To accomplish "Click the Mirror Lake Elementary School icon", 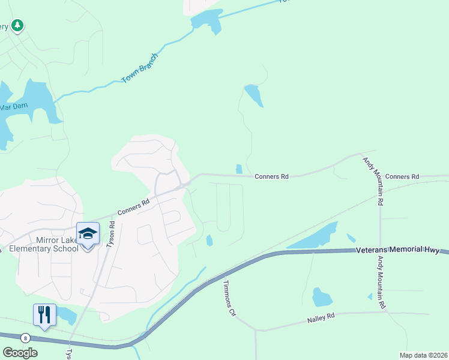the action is click(x=88, y=233).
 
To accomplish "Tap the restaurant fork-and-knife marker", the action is click(x=44, y=314).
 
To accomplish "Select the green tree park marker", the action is click(x=18, y=25).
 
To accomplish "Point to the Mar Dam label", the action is click(x=13, y=107).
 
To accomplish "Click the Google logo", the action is click(x=20, y=352).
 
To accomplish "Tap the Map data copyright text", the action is click(x=423, y=355).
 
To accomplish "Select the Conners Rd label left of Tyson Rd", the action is click(x=133, y=208).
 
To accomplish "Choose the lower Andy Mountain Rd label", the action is click(x=381, y=283).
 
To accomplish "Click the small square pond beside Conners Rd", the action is click(x=240, y=169).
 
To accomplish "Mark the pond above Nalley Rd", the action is click(x=322, y=297).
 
